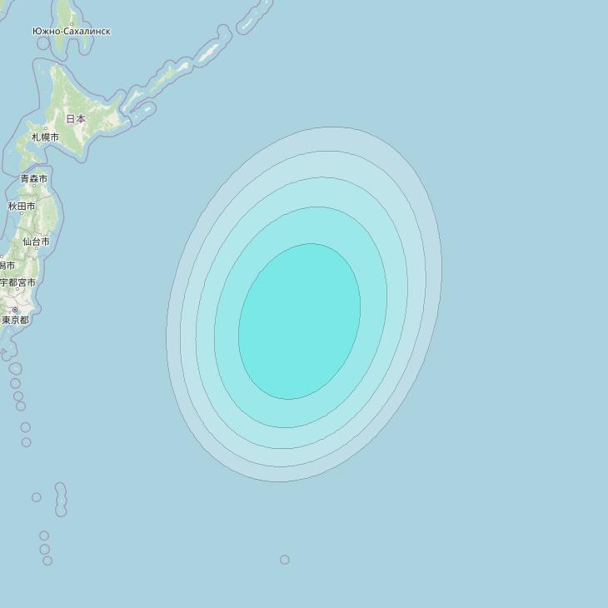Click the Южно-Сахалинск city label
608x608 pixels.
pyautogui.click(x=71, y=32)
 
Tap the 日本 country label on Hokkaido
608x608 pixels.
pyautogui.click(x=76, y=119)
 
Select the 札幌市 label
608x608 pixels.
pyautogui.click(x=45, y=137)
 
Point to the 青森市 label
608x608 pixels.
pyautogui.click(x=34, y=179)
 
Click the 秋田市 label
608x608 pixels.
pyautogui.click(x=22, y=206)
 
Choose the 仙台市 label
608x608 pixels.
pyautogui.click(x=36, y=242)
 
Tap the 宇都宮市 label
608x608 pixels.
pyautogui.click(x=17, y=282)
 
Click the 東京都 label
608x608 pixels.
pyautogui.click(x=15, y=320)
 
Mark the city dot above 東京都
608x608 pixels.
pyautogui.click(x=14, y=310)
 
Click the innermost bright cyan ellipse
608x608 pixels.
pyautogui.click(x=300, y=321)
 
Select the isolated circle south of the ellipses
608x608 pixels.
pyautogui.click(x=285, y=560)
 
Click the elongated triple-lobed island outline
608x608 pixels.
pyautogui.click(x=61, y=499)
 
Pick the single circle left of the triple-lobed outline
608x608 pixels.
pyautogui.click(x=37, y=497)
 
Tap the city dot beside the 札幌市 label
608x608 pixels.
pyautogui.click(x=45, y=128)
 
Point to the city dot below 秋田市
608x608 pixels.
pyautogui.click(x=22, y=213)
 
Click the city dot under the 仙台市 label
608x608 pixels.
pyautogui.click(x=35, y=249)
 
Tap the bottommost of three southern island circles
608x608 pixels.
pyautogui.click(x=47, y=561)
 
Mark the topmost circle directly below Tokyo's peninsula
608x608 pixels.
pyautogui.click(x=15, y=368)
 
